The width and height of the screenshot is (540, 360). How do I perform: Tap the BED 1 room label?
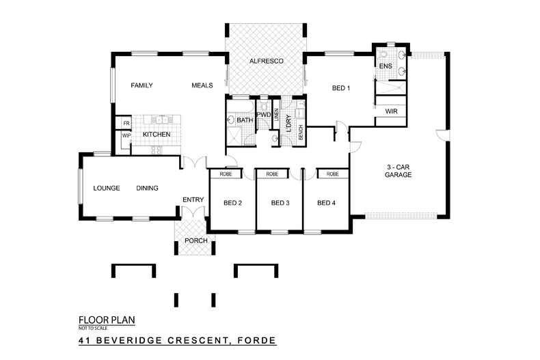tap(341, 88)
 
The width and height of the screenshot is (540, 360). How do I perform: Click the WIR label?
tap(392, 111)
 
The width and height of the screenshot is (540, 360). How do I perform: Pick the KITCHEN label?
tap(156, 135)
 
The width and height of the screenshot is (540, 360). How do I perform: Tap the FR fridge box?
tap(126, 123)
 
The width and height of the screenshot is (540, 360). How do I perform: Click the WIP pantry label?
tap(126, 135)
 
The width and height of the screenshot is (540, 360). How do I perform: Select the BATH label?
tap(245, 121)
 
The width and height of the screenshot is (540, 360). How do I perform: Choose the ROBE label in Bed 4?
tap(332, 174)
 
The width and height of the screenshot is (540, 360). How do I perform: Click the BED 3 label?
tap(281, 202)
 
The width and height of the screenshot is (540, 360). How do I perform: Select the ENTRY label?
tap(193, 199)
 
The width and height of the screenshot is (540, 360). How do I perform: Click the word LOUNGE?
tap(107, 188)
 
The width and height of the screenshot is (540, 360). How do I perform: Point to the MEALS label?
tap(202, 85)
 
